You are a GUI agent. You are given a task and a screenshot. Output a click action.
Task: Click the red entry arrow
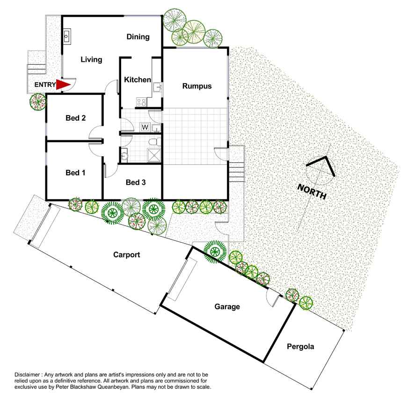click(x=63, y=85)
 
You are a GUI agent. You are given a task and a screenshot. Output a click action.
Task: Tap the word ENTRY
click(x=45, y=85)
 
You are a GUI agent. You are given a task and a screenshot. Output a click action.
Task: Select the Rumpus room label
click(x=197, y=86)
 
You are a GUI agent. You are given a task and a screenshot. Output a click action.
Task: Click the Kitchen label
click(x=138, y=80)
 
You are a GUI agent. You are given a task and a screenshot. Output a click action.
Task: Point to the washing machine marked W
click(x=145, y=127)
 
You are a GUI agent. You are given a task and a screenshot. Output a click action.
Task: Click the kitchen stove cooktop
click(x=141, y=102)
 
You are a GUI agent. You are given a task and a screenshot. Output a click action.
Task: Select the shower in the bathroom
click(x=154, y=155)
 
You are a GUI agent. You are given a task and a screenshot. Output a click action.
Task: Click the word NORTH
click(x=312, y=192)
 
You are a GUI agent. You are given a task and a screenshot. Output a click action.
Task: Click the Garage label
click(x=227, y=307)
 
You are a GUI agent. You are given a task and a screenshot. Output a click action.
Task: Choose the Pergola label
click(x=300, y=347)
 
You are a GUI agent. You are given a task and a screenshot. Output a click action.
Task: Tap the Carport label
click(x=127, y=254)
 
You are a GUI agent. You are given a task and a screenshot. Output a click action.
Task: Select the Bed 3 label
click(x=136, y=182)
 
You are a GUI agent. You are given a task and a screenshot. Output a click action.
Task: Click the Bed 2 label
click(x=75, y=118)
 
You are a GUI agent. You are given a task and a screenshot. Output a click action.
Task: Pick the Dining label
click(x=138, y=37)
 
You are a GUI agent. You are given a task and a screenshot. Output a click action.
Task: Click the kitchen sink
click(x=157, y=87)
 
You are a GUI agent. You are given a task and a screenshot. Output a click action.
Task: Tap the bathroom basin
click(x=124, y=155)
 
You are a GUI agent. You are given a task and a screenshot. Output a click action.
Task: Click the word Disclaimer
click(x=27, y=375)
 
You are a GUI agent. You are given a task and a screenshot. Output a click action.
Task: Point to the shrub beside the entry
click(x=38, y=102)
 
